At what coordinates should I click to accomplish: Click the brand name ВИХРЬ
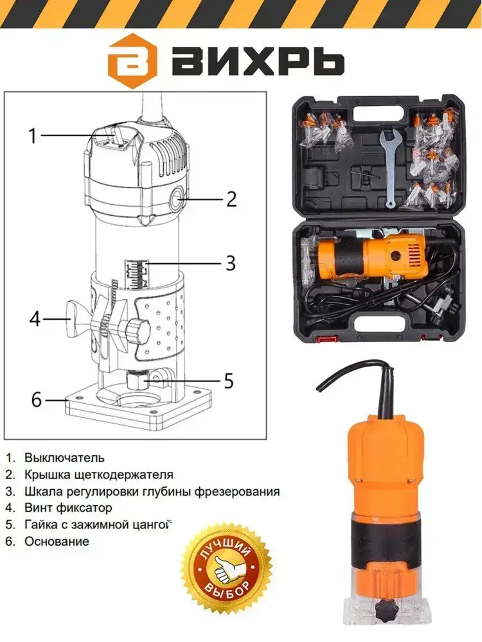pyautogui.click(x=258, y=61)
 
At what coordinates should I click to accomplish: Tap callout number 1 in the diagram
pyautogui.click(x=33, y=135)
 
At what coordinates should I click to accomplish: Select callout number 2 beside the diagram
pyautogui.click(x=231, y=199)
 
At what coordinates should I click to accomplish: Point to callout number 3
pyautogui.click(x=231, y=263)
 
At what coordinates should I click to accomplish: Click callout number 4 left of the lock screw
pyautogui.click(x=35, y=319)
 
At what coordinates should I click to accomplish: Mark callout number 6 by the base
pyautogui.click(x=37, y=399)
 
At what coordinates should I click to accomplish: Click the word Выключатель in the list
pyautogui.click(x=64, y=457)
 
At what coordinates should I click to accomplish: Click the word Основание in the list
pyautogui.click(x=57, y=541)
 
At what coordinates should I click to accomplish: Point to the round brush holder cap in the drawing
pyautogui.click(x=178, y=200)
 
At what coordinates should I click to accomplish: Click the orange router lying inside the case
pyautogui.click(x=365, y=259)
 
